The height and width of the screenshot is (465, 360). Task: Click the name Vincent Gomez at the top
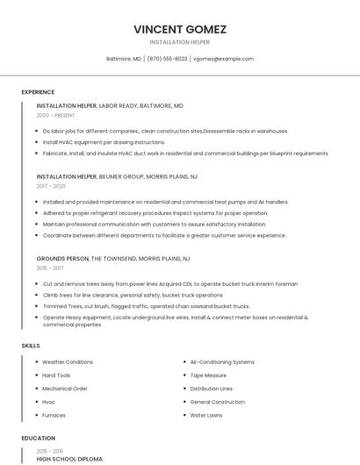(x=180, y=29)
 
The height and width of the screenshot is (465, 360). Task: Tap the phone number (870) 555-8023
(x=167, y=59)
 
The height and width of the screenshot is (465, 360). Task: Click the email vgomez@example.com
(x=223, y=59)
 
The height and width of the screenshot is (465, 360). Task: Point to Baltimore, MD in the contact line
(x=124, y=59)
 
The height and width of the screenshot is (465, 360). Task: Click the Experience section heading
(x=38, y=92)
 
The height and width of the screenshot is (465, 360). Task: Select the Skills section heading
(x=31, y=346)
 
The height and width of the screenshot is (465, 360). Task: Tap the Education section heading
(x=38, y=438)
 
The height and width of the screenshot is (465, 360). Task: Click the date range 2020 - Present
(x=55, y=115)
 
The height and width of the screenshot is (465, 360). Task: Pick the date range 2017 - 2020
(x=51, y=186)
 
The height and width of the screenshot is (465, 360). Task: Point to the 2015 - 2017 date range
(x=50, y=268)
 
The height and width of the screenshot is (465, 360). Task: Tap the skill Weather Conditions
(x=68, y=361)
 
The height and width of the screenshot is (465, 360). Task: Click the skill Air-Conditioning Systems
(x=222, y=361)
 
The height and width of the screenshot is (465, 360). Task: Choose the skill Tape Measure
(x=208, y=375)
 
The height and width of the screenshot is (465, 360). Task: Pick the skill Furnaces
(x=54, y=415)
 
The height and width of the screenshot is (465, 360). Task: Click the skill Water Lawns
(x=206, y=415)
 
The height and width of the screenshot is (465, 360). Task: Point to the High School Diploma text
(x=69, y=459)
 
